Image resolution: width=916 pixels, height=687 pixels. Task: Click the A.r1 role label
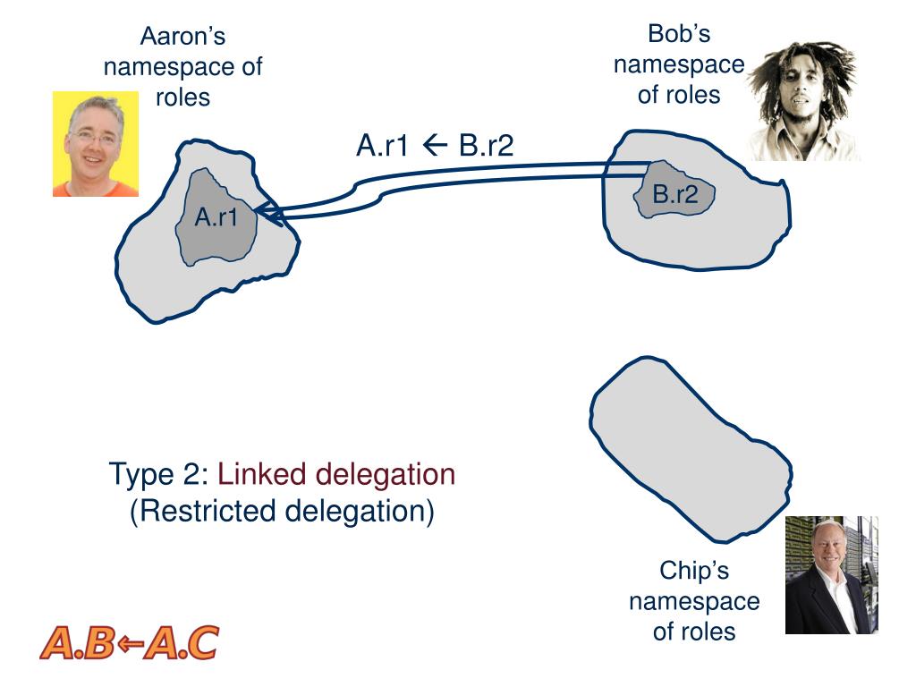click(216, 216)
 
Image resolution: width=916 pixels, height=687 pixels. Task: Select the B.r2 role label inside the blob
click(674, 194)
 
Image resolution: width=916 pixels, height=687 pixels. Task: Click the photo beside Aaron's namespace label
click(96, 144)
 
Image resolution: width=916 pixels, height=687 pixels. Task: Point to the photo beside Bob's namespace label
click(802, 101)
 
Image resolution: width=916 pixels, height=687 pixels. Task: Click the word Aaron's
click(182, 37)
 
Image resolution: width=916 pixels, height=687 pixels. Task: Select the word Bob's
click(679, 34)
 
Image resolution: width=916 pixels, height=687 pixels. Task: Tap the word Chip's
click(694, 570)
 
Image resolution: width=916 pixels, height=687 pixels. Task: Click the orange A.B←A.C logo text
click(129, 643)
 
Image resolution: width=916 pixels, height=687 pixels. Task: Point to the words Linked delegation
click(336, 473)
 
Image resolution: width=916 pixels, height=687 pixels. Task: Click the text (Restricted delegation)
click(282, 511)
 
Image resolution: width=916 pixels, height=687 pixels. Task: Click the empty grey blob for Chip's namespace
click(690, 447)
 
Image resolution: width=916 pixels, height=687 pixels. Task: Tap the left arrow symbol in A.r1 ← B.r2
click(435, 144)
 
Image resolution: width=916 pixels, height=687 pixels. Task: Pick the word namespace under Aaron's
click(183, 67)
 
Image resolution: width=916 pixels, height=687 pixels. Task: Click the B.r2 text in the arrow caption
click(486, 144)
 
